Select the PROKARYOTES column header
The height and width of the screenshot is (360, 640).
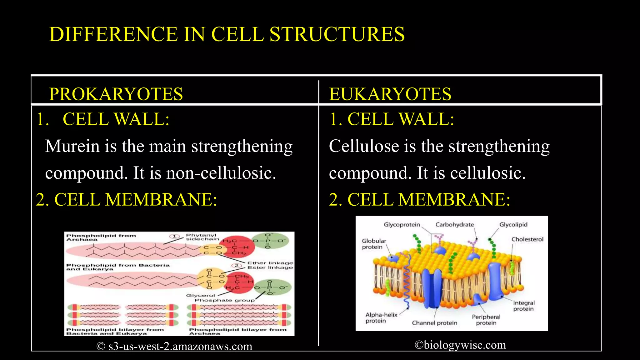116,94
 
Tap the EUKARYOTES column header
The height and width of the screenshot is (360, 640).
390,94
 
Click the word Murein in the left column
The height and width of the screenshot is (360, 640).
72,146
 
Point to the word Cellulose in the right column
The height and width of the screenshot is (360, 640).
364,146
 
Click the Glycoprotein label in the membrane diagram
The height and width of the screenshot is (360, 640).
402,224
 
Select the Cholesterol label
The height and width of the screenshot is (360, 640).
527,239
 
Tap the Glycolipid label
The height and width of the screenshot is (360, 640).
513,224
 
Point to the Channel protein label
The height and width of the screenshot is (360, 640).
434,323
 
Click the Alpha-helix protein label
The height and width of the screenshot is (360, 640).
381,317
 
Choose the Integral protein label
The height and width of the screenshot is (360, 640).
524,306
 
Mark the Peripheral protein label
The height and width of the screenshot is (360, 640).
486,320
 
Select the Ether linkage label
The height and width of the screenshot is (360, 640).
270,263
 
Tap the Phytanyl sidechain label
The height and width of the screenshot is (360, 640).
202,237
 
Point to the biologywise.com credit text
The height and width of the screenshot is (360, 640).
460,345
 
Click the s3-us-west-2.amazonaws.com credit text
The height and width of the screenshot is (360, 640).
174,346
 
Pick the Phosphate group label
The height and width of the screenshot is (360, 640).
224,300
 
